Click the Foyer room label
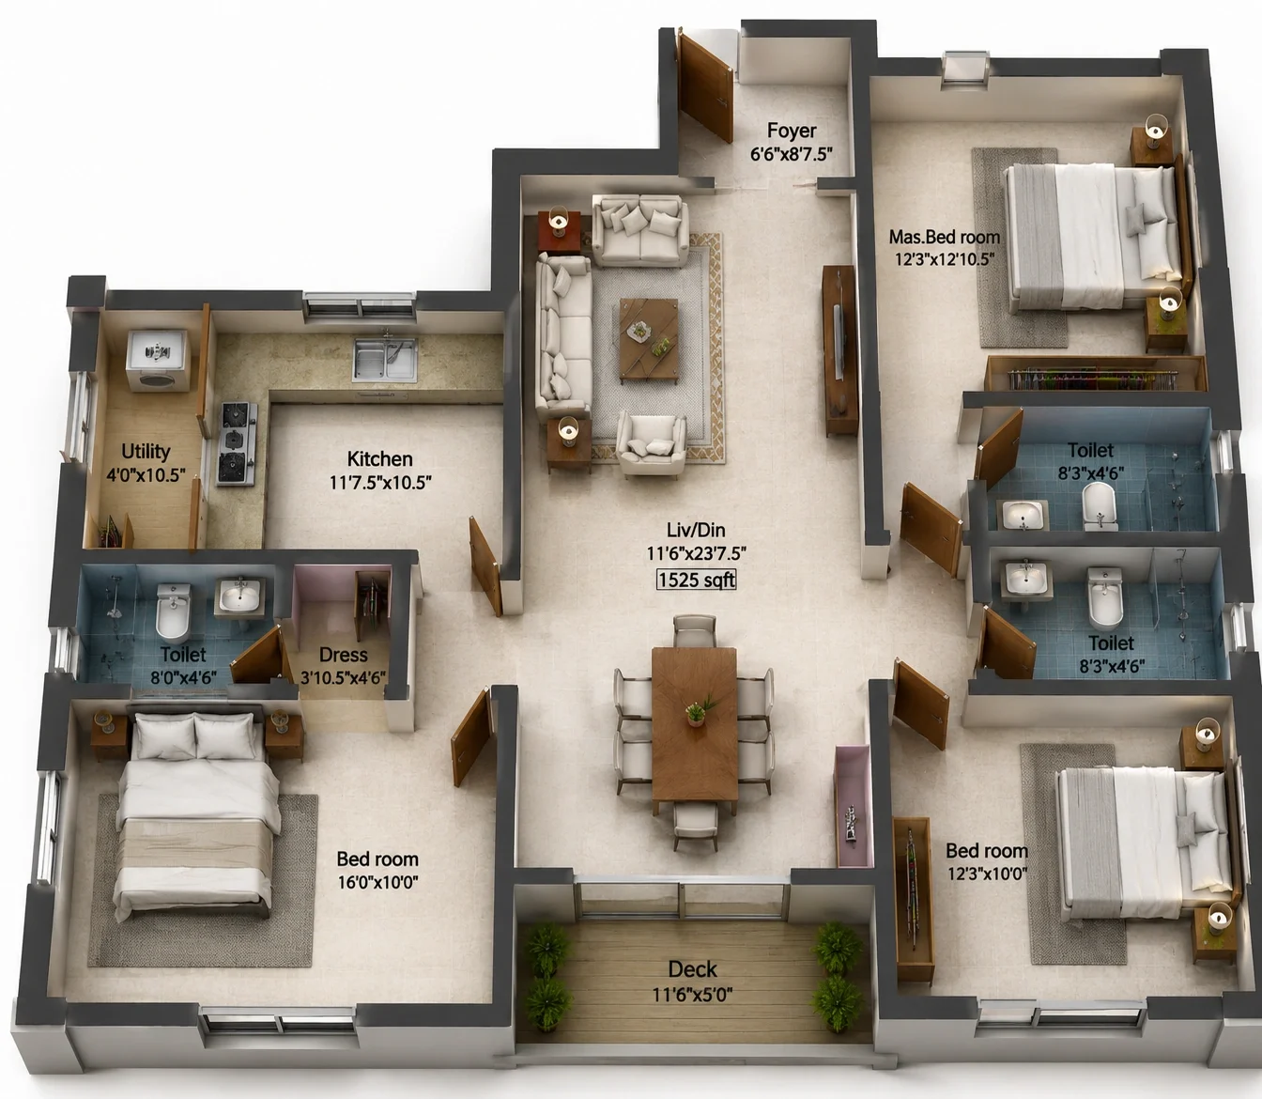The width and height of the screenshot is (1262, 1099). pos(792,131)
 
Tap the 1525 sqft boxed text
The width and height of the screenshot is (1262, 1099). pos(697,580)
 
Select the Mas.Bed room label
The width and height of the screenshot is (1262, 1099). pos(945,237)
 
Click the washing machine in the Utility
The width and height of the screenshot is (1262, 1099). pos(157,361)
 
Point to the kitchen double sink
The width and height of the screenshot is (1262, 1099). pos(385,359)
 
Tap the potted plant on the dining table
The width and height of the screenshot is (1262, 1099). pos(698,710)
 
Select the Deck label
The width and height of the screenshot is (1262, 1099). pos(692,968)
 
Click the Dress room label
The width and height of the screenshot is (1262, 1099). pos(343,655)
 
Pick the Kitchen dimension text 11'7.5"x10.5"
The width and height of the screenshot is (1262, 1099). pos(380,483)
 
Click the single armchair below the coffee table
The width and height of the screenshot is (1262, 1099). pos(652,444)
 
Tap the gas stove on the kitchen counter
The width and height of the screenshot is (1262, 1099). pos(237,443)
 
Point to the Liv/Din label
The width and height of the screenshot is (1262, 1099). pos(696,530)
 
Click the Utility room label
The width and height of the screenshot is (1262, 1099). pos(146,452)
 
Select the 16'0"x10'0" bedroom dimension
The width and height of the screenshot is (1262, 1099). pos(377,882)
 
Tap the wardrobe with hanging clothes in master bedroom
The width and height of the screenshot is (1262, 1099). pos(1094,374)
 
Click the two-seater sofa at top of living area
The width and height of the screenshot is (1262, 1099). pos(640,230)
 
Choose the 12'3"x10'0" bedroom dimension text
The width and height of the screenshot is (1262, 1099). pos(988,874)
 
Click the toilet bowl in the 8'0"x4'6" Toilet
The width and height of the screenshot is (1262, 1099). pos(173,613)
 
